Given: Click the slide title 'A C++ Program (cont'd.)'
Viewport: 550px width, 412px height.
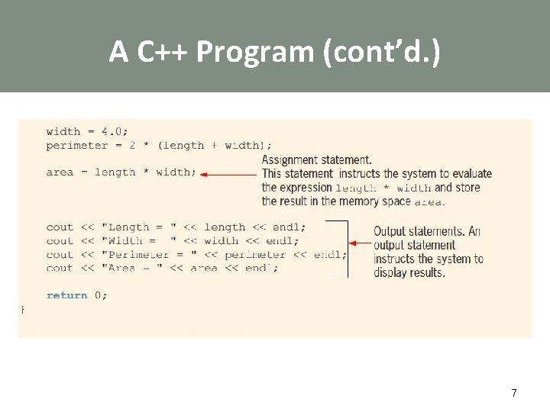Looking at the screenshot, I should coord(274,51).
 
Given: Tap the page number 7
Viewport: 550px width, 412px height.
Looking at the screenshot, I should coord(514,393).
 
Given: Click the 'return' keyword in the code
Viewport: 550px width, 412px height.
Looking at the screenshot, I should coord(66,295).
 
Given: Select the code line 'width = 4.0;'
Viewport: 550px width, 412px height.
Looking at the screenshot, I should coord(87,131).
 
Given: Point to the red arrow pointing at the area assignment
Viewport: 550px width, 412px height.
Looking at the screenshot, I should coord(229,174).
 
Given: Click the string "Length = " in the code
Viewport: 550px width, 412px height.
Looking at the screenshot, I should coord(139,227).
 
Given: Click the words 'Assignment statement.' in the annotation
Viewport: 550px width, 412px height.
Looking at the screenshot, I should coord(317,160).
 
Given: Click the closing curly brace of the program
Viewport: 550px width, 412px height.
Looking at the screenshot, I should coord(22,309).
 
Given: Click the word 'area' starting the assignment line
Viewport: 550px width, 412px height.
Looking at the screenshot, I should coord(60,172).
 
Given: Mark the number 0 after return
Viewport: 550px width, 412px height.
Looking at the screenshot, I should coord(98,295).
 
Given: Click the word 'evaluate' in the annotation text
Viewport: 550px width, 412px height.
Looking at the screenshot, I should coord(470,174).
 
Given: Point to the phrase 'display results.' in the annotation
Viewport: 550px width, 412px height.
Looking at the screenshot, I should coord(409,272).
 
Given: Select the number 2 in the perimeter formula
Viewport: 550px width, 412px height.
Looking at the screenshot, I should coord(132,145).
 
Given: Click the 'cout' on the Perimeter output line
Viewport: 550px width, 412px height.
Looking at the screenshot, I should coord(60,255).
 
